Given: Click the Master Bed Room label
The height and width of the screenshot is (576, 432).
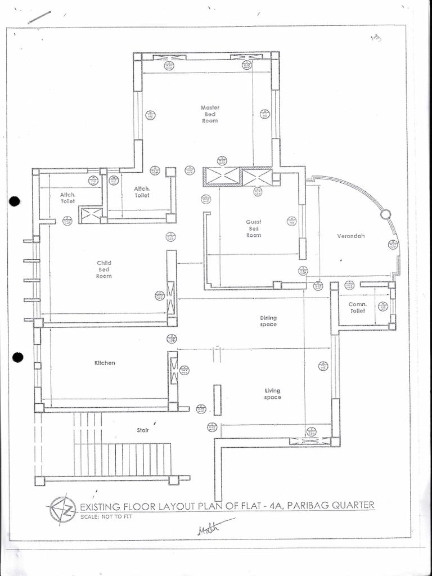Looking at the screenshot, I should click(210, 114).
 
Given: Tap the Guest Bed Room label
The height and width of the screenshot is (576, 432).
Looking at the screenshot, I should click(254, 228).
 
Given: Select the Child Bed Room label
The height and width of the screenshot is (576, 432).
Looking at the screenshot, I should click(104, 269).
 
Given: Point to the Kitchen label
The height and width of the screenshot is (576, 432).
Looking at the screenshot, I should click(105, 363).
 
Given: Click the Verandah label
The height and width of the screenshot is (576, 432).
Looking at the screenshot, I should click(351, 236).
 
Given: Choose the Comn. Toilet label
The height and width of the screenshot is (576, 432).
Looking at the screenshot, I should click(358, 307).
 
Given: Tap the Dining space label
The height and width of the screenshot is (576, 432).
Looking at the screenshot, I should click(268, 321).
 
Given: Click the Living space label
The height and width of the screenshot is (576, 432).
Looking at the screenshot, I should click(273, 394).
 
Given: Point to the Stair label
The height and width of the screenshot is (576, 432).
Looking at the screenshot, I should click(143, 430).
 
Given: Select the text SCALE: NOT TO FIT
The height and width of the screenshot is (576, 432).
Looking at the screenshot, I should click(106, 516).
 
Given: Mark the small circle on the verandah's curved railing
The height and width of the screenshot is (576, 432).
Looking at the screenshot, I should click(385, 214).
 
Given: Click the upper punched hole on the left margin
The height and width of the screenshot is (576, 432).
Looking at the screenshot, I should click(15, 201).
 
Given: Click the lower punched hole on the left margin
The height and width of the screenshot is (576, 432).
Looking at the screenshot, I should click(18, 357).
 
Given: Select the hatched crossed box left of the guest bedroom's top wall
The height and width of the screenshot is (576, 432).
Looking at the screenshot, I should click(222, 177).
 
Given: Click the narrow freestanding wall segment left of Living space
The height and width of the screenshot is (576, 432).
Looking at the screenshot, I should click(217, 400).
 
